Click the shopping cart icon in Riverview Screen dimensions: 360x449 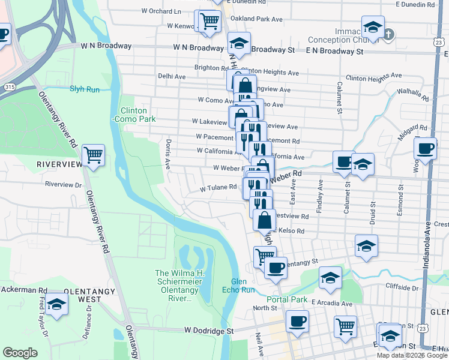(94, 156)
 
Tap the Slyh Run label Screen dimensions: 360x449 (85, 89)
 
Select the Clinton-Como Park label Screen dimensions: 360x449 (138, 115)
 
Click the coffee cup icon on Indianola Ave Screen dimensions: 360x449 (426, 148)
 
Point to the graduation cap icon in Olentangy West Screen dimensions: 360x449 (56, 304)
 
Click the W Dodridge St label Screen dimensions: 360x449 (208, 331)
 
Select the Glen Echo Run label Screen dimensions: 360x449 (244, 286)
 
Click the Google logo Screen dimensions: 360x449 (20, 353)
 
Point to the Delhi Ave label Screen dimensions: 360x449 (172, 77)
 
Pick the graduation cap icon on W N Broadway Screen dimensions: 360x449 (239, 44)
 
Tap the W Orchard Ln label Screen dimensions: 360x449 (161, 11)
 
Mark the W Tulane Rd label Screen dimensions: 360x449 (218, 187)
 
